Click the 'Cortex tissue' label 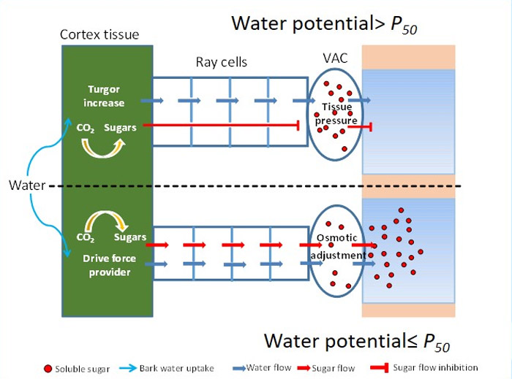pos(99,34)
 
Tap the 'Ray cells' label pos(222,62)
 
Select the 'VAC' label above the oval pos(335,58)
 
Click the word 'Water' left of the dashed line pos(27,185)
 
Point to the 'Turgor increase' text pos(104,96)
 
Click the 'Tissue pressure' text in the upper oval pos(336,114)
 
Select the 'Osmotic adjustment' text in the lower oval pos(338,246)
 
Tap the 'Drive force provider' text pos(110,265)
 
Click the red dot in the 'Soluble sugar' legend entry pos(48,369)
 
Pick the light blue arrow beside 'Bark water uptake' pos(128,368)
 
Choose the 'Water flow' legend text pos(268,368)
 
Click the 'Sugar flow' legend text pos(333,368)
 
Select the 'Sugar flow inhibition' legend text pos(435,367)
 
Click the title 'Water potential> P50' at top pos(324,24)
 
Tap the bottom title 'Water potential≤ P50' pos(357,342)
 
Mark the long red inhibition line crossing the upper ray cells pos(222,125)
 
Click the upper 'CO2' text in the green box pos(86,128)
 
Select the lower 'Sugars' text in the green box pos(130,237)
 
